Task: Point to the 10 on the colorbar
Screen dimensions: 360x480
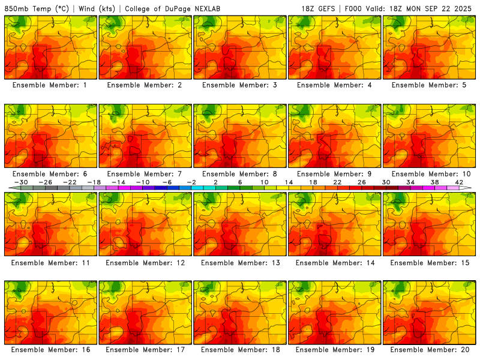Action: click(264, 182)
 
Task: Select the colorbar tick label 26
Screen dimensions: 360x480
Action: click(361, 182)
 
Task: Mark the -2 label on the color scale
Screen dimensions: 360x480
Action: click(191, 182)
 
